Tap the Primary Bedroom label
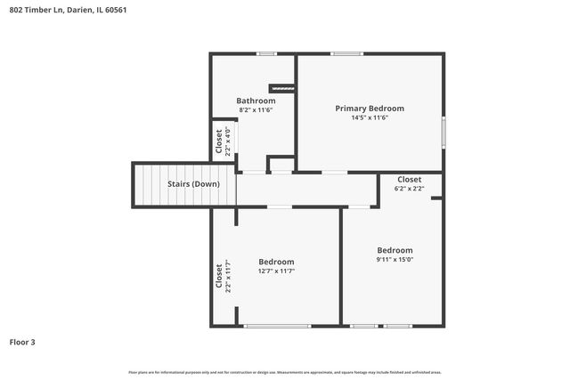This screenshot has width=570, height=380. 370,108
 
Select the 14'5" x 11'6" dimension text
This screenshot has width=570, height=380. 370,117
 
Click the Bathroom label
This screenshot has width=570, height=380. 256,101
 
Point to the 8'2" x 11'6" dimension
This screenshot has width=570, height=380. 256,110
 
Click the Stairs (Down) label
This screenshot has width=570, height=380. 193,184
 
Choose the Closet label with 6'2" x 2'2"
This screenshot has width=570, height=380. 410,179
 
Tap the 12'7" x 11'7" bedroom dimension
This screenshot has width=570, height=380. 276,271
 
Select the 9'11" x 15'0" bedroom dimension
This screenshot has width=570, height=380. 395,261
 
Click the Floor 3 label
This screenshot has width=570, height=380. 23,342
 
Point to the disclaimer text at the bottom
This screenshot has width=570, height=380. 285,372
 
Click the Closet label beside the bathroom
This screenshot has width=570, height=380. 219,140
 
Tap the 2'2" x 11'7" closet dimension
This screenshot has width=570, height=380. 228,276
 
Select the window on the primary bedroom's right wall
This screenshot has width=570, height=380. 444,132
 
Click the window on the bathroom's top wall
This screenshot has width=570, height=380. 265,54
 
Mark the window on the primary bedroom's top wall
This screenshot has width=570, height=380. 346,54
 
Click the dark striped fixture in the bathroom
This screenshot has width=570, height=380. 282,87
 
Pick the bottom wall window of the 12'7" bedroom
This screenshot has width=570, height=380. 277,326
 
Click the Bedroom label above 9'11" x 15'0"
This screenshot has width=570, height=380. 395,250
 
